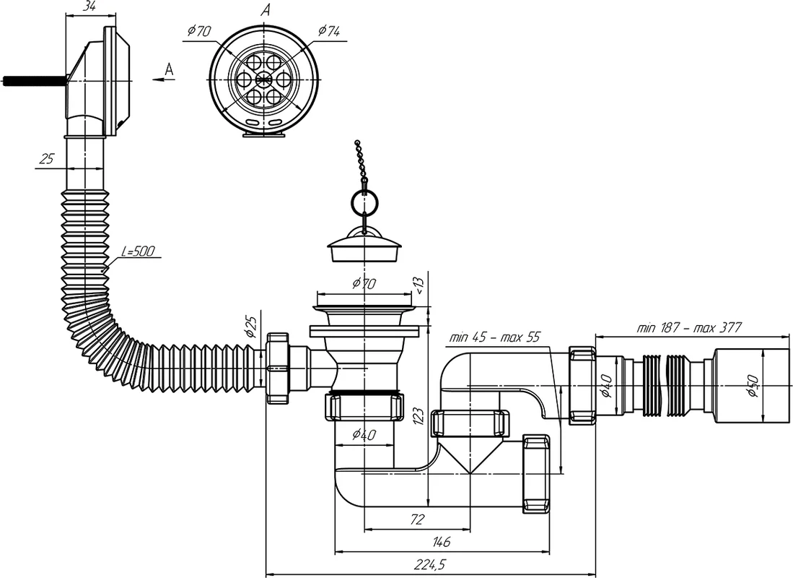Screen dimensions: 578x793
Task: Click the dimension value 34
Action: point(89,7)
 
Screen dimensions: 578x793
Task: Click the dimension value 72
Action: point(417,519)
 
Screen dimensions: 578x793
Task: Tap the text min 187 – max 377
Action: point(688,327)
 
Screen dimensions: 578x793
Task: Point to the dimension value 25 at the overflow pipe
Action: point(47,159)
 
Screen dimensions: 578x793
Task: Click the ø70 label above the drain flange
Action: point(364,285)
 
